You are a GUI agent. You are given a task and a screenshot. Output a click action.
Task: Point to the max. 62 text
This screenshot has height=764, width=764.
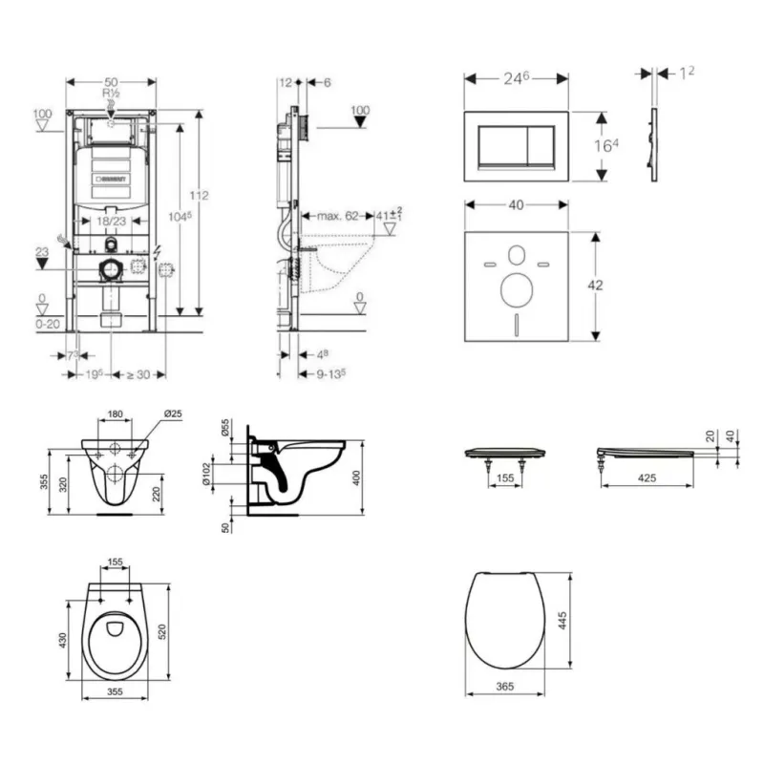(337, 216)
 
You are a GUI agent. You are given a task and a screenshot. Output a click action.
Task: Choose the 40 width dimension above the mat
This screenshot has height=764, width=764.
(517, 204)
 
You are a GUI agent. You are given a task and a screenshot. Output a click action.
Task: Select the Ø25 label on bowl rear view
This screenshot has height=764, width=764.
(173, 414)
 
